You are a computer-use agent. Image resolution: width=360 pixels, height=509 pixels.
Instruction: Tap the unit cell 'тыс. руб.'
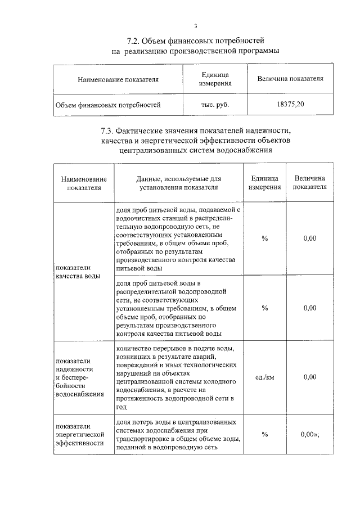click(x=215, y=105)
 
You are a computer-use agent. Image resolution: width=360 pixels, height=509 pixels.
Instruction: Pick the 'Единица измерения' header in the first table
click(x=215, y=79)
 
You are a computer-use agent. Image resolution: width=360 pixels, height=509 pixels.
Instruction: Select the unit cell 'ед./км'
click(x=264, y=377)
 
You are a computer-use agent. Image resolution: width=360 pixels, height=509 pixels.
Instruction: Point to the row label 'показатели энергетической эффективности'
click(x=80, y=434)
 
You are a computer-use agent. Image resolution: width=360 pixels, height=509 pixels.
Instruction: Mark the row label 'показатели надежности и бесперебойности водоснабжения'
click(x=80, y=377)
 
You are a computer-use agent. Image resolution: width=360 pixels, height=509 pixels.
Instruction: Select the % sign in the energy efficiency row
click(x=264, y=434)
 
